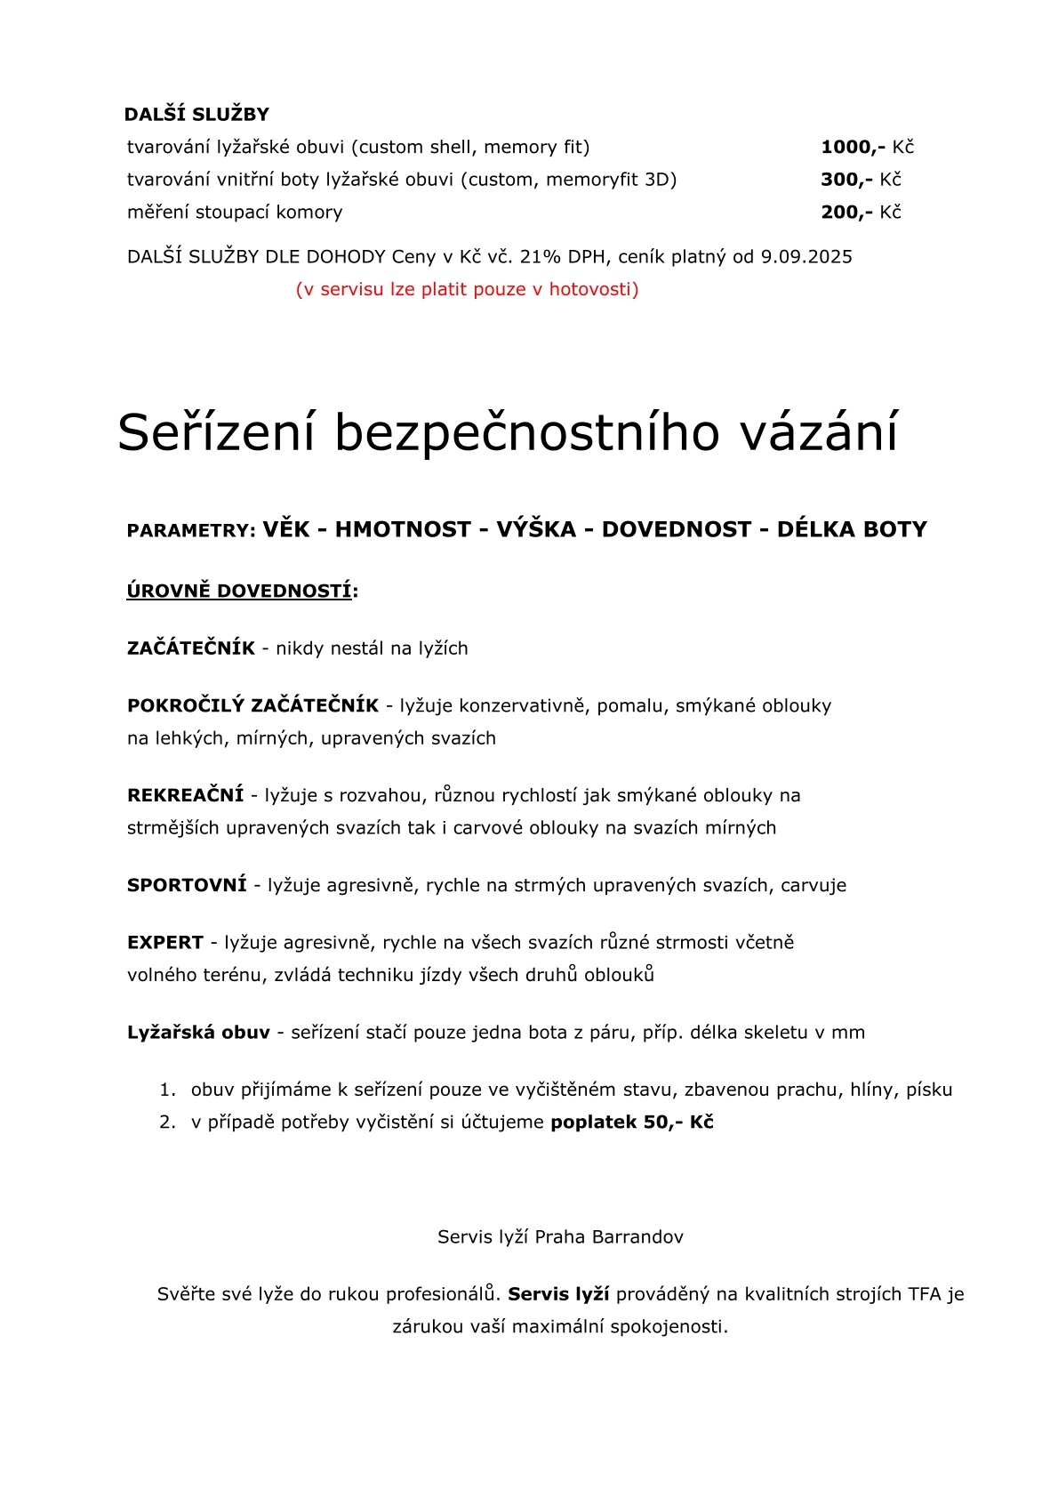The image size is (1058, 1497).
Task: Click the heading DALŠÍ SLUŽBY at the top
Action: point(196,115)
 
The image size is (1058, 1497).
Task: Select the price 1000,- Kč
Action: point(867,147)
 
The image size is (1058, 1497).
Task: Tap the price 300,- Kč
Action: point(861,180)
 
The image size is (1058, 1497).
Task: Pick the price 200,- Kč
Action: point(861,213)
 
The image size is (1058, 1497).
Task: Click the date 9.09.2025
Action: point(806,257)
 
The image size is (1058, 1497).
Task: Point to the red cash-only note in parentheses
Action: point(467,289)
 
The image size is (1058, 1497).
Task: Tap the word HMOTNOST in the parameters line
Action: point(403,530)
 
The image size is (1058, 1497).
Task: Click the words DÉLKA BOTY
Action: point(852,530)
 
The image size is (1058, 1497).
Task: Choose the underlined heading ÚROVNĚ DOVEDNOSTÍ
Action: point(240,592)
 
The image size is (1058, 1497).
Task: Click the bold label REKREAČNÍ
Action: point(185,795)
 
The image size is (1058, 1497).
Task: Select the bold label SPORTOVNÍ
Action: point(187,885)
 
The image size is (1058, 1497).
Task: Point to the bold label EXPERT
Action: point(165,943)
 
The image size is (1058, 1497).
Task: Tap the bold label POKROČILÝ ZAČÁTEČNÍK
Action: point(252,706)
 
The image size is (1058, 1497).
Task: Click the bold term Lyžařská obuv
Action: point(198,1033)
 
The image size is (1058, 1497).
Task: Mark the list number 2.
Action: point(166,1123)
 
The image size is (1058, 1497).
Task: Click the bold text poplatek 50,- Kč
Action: point(632,1123)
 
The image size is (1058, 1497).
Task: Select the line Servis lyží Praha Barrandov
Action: point(560,1237)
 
